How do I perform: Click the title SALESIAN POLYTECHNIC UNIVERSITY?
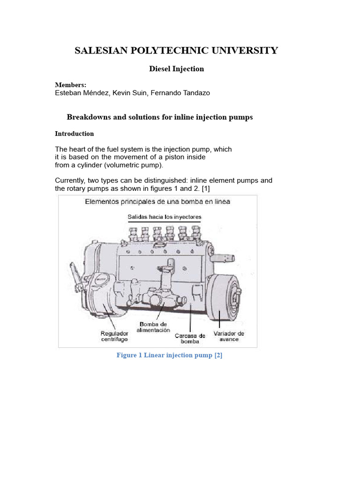(x=176, y=51)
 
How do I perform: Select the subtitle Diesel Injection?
(x=176, y=69)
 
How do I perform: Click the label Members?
(x=70, y=85)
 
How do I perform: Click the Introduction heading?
(x=74, y=134)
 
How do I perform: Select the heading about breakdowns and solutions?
(x=159, y=117)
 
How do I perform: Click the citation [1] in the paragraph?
(x=205, y=188)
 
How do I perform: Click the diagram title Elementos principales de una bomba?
(x=157, y=202)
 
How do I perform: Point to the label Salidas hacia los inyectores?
(x=165, y=217)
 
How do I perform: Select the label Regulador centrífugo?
(x=114, y=336)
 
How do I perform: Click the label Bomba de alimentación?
(x=153, y=327)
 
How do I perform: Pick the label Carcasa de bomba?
(x=190, y=338)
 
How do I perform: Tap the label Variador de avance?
(x=229, y=336)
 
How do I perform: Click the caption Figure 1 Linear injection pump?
(x=169, y=355)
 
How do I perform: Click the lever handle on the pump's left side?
(x=75, y=271)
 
